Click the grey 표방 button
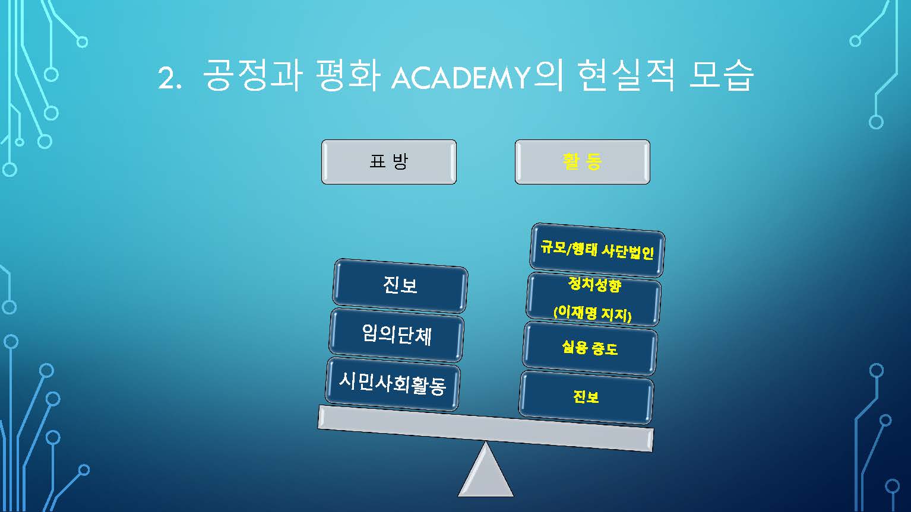tap(389, 162)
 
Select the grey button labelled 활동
tap(583, 162)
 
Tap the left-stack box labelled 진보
tap(400, 285)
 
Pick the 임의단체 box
tap(397, 335)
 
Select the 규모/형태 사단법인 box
tap(597, 250)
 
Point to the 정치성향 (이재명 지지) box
tap(593, 300)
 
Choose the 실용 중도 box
tap(590, 348)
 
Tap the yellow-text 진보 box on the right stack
tap(586, 397)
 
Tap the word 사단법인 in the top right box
tap(627, 252)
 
